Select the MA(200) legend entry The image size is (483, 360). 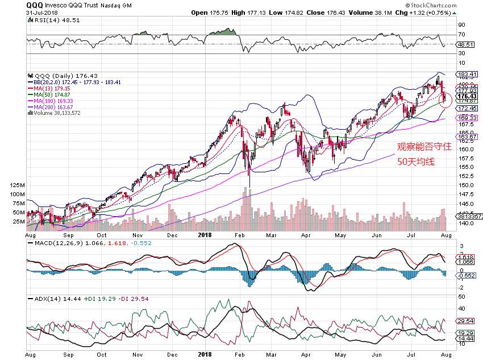pos(57,107)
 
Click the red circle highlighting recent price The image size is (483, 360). pos(445,100)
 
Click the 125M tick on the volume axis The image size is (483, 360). pos(17,186)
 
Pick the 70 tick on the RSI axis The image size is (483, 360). pos(462,34)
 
